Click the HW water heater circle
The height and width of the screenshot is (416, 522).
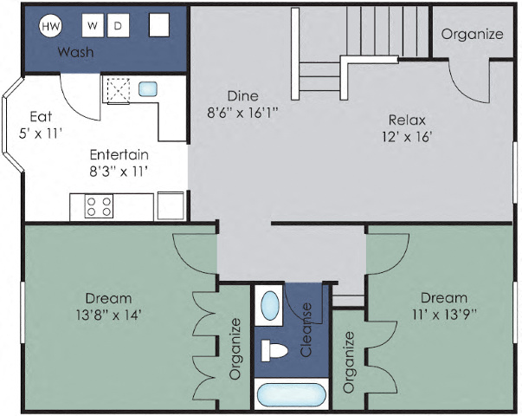(50, 26)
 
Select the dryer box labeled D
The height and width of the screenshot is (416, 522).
(118, 26)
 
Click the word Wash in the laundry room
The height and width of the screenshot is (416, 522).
(75, 52)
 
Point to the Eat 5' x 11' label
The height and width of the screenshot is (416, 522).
(42, 125)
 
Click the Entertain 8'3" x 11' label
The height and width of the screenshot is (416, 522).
(119, 162)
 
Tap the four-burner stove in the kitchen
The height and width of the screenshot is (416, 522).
(99, 206)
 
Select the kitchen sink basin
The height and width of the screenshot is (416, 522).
(147, 88)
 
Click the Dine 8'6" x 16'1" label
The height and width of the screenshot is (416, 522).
(242, 103)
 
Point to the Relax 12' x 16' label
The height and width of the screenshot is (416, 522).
(406, 127)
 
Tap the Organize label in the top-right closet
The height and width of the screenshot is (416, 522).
(472, 35)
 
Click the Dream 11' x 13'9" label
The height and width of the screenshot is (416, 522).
(443, 306)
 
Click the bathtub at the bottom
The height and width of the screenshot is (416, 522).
(291, 395)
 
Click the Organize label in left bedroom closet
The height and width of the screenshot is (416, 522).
(235, 349)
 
